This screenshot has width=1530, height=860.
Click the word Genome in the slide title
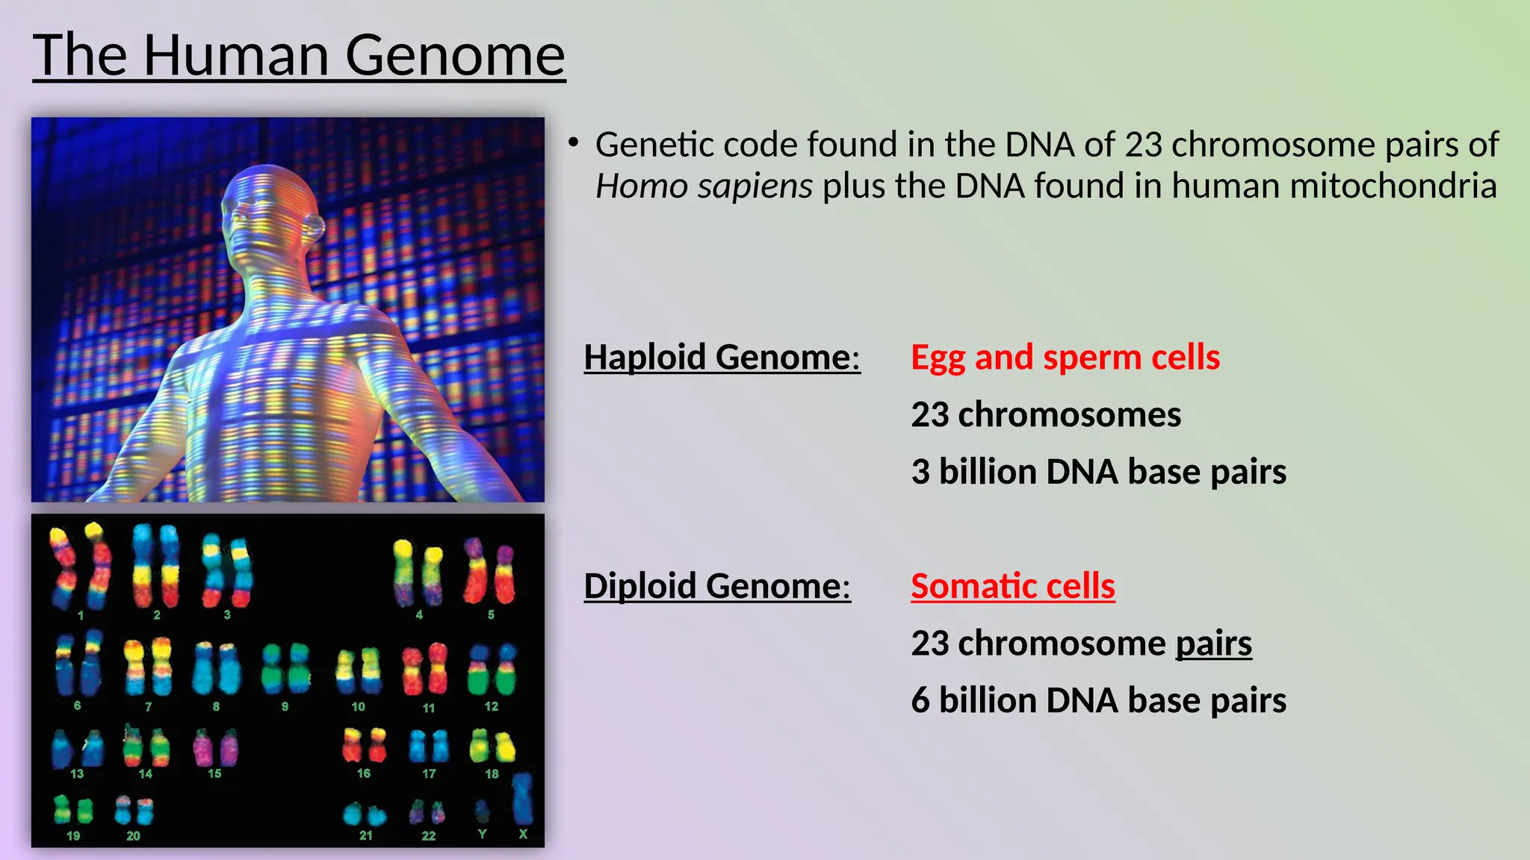(454, 55)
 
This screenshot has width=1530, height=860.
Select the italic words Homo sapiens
(703, 186)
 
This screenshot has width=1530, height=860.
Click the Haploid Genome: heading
(722, 357)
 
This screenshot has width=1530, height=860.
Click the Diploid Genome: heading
(717, 585)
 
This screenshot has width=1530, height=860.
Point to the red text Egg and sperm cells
(1065, 357)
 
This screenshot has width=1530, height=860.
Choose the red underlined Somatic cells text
(1012, 585)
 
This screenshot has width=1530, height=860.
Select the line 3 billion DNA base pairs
(1098, 472)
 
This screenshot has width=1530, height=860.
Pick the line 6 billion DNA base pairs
(1098, 700)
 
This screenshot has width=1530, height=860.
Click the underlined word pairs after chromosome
(1213, 643)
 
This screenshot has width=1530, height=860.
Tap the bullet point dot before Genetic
(573, 142)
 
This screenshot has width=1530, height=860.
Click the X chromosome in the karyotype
(522, 799)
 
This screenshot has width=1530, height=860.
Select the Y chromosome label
(482, 834)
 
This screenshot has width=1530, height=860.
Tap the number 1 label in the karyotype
(81, 616)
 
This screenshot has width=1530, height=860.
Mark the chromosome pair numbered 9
(286, 668)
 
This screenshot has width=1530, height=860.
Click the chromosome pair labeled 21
(365, 814)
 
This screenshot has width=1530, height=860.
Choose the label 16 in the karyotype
(364, 773)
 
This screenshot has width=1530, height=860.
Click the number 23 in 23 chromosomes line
(929, 414)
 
